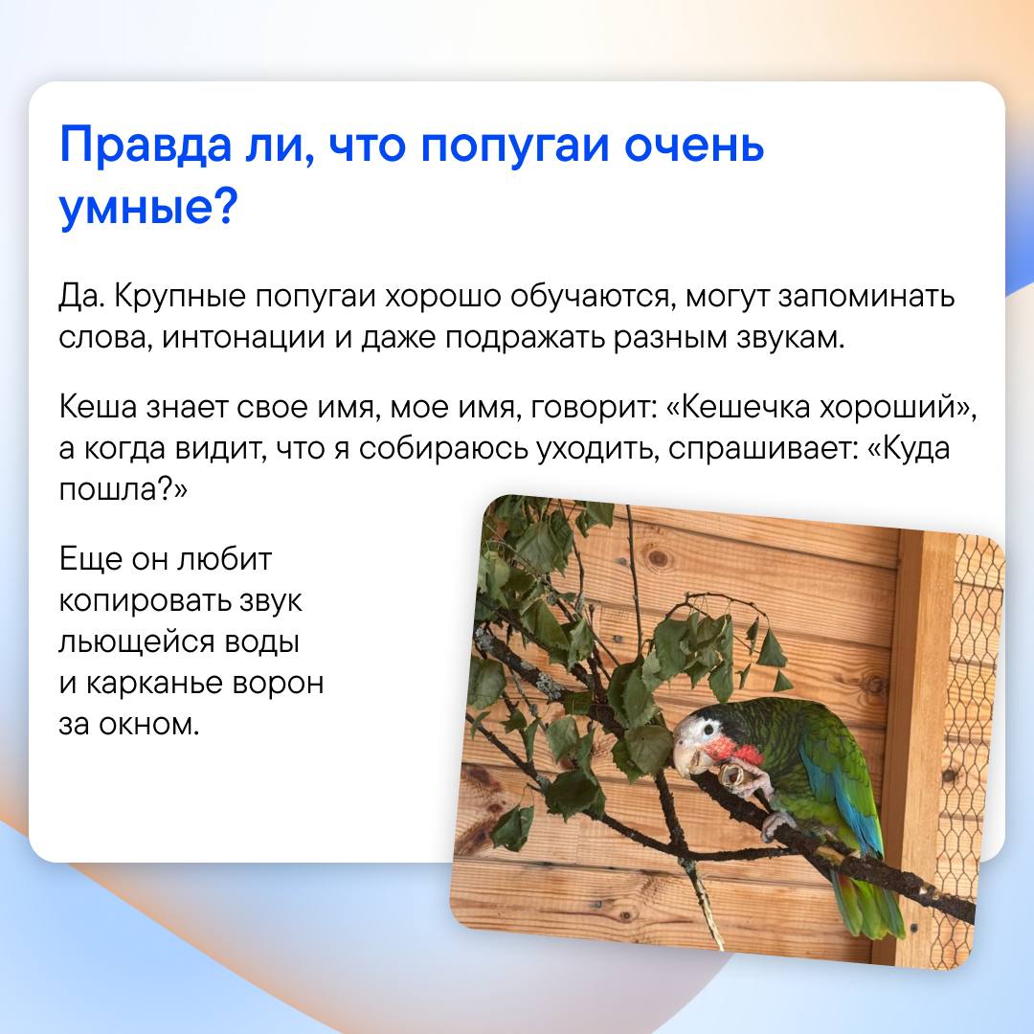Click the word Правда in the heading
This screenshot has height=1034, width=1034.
(x=146, y=146)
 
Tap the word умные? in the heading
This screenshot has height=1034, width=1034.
(x=147, y=209)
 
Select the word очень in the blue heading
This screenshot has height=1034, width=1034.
(x=694, y=146)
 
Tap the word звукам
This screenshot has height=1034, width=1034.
(x=790, y=339)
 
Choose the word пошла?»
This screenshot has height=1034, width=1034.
(x=124, y=490)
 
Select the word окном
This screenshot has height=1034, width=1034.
(x=149, y=725)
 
